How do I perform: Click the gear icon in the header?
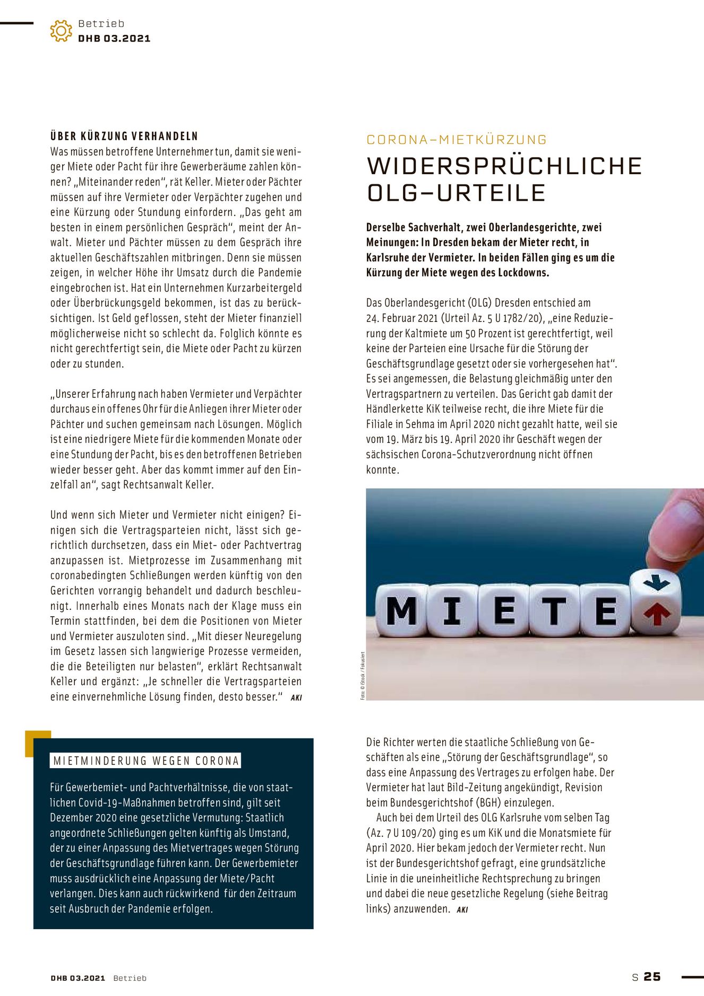coord(61,31)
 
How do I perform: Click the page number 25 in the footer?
coord(652,976)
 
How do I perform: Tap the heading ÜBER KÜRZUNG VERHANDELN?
coord(124,136)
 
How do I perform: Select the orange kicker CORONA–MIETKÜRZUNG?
coord(457,140)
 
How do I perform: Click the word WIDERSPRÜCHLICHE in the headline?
coord(504,166)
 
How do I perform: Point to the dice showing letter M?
coord(402,611)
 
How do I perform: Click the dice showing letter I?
coord(452,611)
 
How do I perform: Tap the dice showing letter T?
coord(554,611)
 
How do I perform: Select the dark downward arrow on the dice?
coord(657,583)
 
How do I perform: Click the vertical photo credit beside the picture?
coord(363,675)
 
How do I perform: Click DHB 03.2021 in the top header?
coord(114,38)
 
